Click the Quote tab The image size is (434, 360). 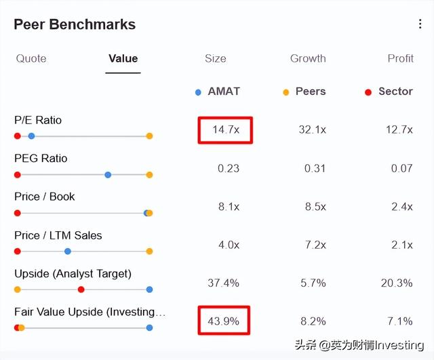pyautogui.click(x=31, y=58)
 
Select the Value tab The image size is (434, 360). pyautogui.click(x=123, y=58)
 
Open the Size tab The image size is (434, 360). pyautogui.click(x=216, y=58)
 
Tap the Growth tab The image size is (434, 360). pyautogui.click(x=308, y=58)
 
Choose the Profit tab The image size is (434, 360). pyautogui.click(x=400, y=58)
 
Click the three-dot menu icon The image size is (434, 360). pyautogui.click(x=420, y=24)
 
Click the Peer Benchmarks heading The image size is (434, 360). pyautogui.click(x=75, y=24)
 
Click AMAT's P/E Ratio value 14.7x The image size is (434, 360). pyautogui.click(x=226, y=129)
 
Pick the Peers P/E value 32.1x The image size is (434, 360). pyautogui.click(x=312, y=129)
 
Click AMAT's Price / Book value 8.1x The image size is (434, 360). pyautogui.click(x=229, y=207)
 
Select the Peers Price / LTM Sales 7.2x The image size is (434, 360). pyautogui.click(x=315, y=245)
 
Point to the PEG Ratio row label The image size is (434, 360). pyautogui.click(x=41, y=159)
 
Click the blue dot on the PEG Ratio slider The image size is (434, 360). pyautogui.click(x=108, y=175)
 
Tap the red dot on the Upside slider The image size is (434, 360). pyautogui.click(x=81, y=289)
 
